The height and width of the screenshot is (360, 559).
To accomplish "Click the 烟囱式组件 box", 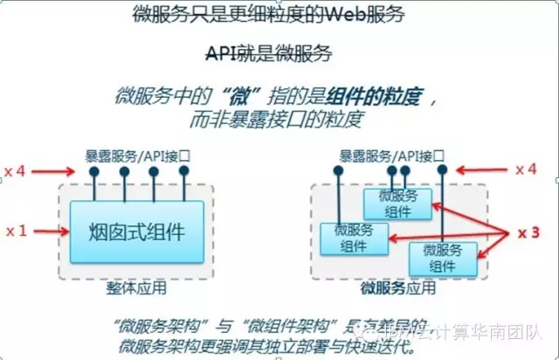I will (x=136, y=232).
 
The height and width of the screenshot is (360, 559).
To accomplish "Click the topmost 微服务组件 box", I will (x=398, y=204).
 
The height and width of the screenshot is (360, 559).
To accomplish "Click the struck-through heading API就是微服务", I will (x=269, y=53).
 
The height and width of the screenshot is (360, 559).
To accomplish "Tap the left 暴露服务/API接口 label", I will (x=137, y=156).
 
